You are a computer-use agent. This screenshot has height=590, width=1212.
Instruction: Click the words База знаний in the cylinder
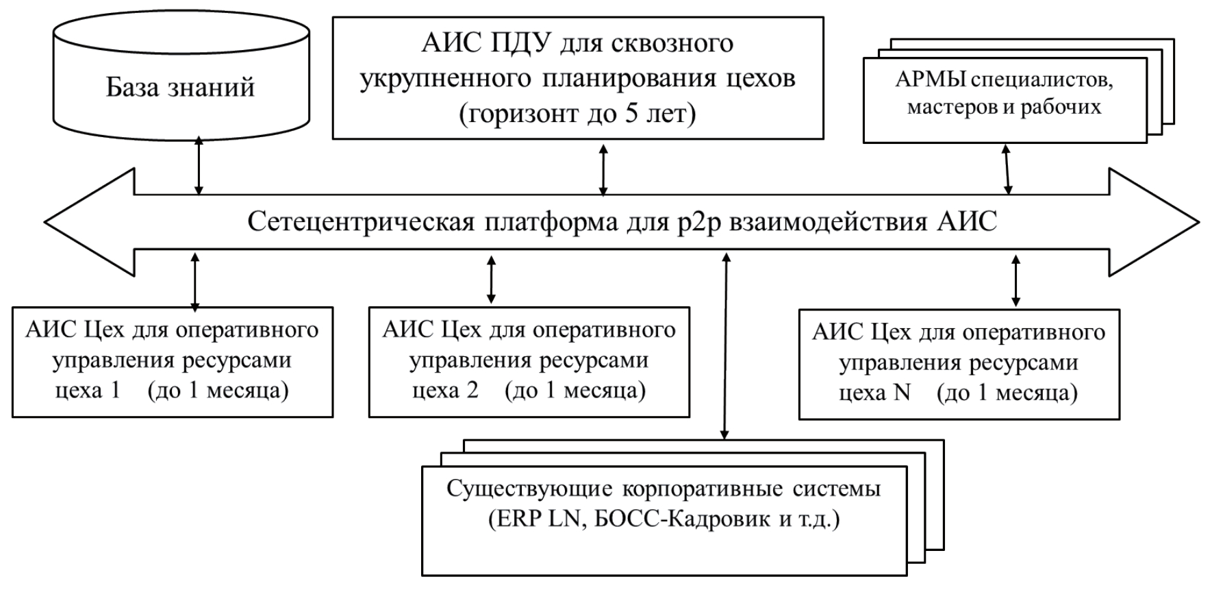click(x=180, y=88)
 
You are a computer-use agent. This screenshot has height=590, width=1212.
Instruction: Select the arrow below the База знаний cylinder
click(x=199, y=166)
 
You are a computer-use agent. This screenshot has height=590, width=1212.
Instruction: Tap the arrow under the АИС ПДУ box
click(x=603, y=170)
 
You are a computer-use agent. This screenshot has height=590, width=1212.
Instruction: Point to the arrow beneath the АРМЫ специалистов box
click(x=1007, y=169)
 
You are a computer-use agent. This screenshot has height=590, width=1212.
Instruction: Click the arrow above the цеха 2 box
click(x=491, y=279)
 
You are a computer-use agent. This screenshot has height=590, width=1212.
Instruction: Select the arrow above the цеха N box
click(x=1015, y=280)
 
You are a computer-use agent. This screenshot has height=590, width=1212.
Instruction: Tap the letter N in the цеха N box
click(x=902, y=393)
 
